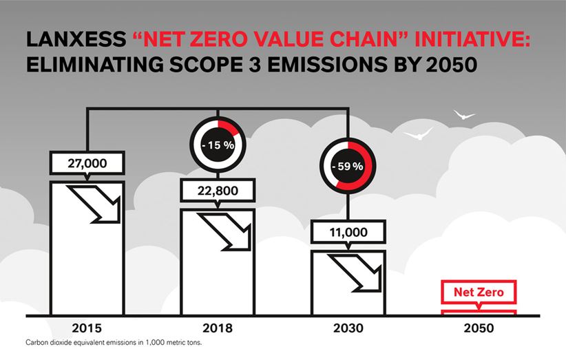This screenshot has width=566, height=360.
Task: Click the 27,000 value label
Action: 87,163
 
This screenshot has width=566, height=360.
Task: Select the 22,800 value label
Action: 218,189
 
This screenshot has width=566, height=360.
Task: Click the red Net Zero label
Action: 479,292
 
